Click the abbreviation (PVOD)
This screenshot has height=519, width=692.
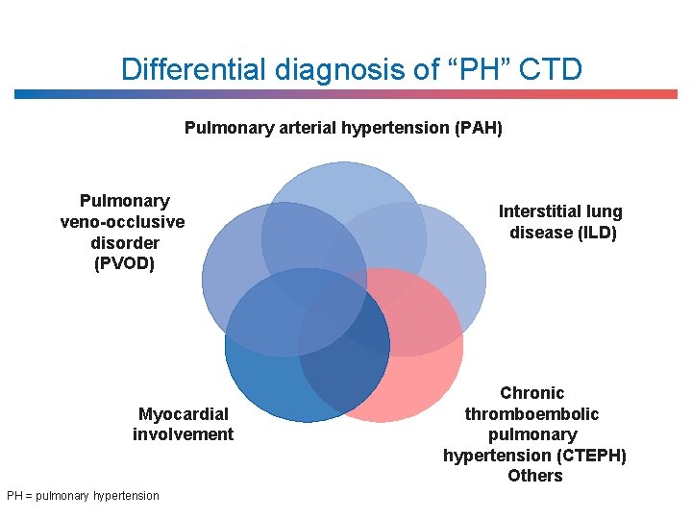point(123,263)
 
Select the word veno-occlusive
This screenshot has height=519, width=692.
point(123,222)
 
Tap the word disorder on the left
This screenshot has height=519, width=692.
point(123,242)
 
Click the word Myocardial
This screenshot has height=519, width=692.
point(184,414)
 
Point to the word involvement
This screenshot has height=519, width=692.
point(184,434)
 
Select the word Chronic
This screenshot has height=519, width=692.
point(532,393)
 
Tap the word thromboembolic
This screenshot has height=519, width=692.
point(532,414)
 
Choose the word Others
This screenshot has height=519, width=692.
point(535,476)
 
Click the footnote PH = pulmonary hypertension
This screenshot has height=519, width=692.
point(84,496)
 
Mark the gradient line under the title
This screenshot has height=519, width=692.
point(346,94)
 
